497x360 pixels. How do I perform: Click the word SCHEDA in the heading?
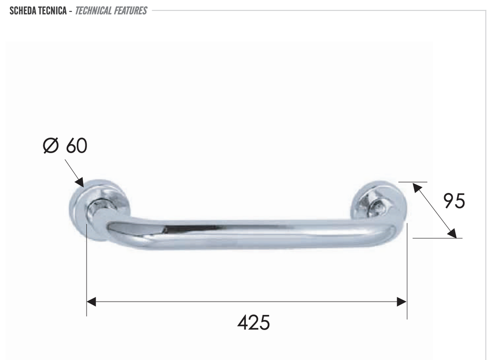23,11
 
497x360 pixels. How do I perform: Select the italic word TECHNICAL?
94,11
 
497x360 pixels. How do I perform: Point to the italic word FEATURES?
130,11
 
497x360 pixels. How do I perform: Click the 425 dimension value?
254,322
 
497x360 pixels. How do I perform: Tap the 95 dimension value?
454,201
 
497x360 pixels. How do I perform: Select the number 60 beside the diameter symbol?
77,145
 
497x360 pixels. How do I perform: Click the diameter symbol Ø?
51,146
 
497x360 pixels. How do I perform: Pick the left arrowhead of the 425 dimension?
91,302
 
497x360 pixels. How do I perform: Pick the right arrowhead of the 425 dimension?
402,302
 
